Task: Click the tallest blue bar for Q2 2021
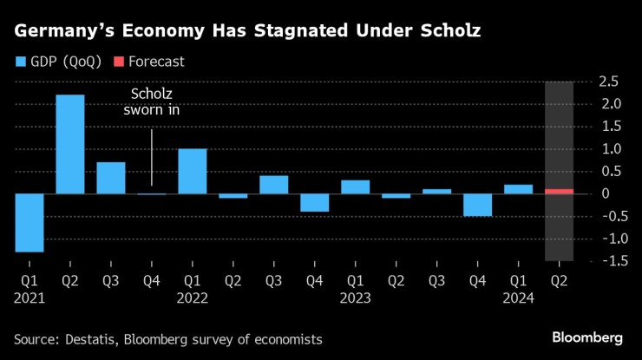coord(70,144)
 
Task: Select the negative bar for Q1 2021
coord(29,222)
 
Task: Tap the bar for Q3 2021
coord(111,178)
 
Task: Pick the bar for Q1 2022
coord(193,171)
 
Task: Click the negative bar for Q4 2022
coord(314,202)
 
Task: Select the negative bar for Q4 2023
coord(477,205)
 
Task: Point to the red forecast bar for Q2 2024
coord(559,191)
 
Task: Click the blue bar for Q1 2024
coord(518,189)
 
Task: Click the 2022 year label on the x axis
coord(193,298)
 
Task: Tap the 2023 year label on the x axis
coord(356,298)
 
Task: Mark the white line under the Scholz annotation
coord(152,157)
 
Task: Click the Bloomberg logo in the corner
coord(587,337)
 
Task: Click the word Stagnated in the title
coord(293,32)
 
